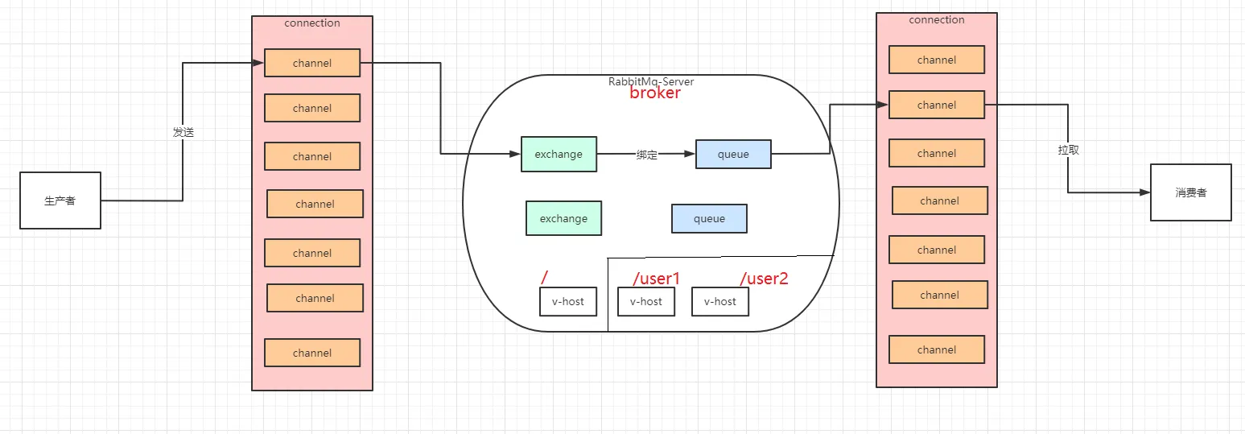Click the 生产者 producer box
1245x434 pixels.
tap(60, 200)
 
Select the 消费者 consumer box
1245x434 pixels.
tap(1190, 192)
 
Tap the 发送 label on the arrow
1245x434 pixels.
tap(183, 132)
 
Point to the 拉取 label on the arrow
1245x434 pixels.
tap(1068, 150)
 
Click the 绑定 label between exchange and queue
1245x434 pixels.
tap(646, 155)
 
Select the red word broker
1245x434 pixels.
tap(654, 93)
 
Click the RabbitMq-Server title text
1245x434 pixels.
tap(650, 81)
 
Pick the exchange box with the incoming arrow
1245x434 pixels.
tap(559, 154)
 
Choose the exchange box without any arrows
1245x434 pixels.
tap(563, 218)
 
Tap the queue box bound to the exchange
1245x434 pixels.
tap(733, 154)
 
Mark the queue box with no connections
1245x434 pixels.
tap(709, 218)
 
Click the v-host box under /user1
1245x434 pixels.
tap(645, 301)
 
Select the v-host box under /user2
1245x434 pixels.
tap(719, 301)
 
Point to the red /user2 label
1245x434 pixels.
tap(764, 279)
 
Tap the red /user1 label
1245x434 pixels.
tap(656, 279)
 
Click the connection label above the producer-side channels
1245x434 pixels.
tap(312, 23)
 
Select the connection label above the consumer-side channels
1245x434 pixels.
tap(937, 20)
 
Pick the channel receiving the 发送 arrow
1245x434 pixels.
tap(312, 63)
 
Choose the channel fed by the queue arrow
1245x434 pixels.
tap(936, 105)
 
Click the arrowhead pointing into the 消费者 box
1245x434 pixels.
tap(1144, 193)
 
